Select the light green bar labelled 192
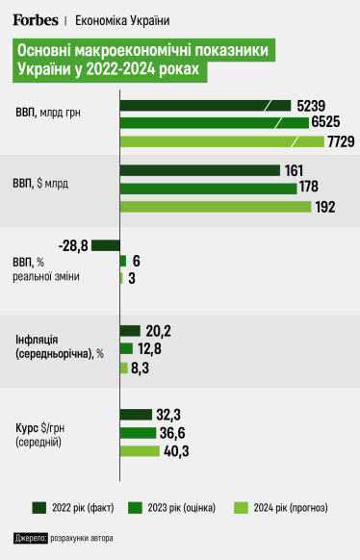coord(215,207)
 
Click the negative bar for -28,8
coord(106,245)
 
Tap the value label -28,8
coord(73,246)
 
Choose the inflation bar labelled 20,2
coord(130,330)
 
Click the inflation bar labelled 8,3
coord(124,367)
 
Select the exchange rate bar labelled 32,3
coord(136,415)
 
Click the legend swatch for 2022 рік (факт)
coord(40,507)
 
